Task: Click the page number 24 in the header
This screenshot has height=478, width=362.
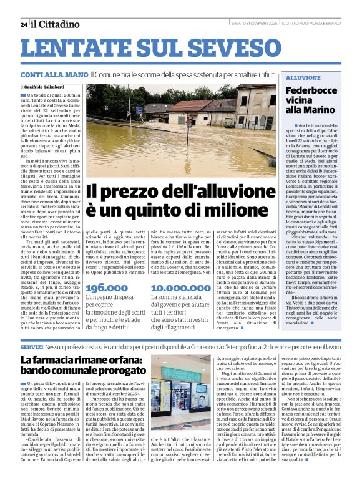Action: click(x=23, y=24)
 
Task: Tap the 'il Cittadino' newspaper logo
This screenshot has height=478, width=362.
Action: click(x=56, y=24)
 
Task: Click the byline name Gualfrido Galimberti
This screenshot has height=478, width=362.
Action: click(x=47, y=86)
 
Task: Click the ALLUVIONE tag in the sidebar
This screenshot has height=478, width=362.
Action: click(x=303, y=77)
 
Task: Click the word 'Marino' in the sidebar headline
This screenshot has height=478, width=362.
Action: click(x=320, y=110)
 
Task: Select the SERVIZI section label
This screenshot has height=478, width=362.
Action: click(x=31, y=346)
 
